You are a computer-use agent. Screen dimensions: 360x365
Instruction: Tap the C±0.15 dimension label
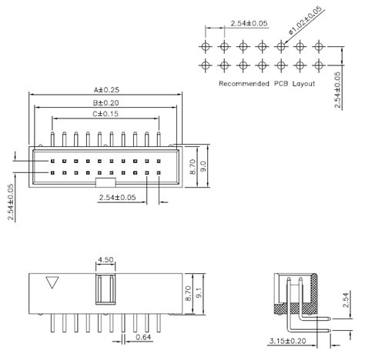coord(105,114)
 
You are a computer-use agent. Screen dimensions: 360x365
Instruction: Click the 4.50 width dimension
coord(106,260)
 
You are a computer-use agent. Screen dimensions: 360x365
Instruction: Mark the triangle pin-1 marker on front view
coord(52,282)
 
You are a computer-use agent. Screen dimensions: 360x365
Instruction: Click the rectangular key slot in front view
coord(106,292)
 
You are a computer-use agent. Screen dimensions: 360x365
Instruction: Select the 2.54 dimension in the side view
coord(344,298)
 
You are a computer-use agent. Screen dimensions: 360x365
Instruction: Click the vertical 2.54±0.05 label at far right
coord(340,89)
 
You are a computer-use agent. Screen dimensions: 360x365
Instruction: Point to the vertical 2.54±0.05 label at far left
coord(10,202)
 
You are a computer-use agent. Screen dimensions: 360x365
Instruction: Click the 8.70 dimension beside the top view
coord(193,164)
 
